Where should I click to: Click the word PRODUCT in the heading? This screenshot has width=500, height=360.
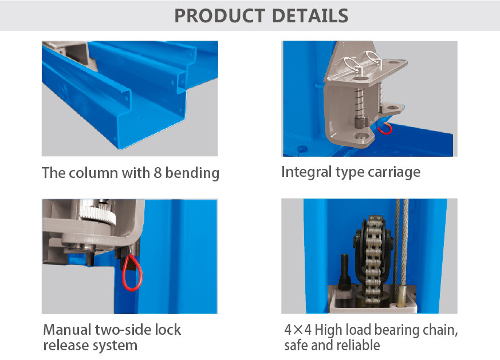click(x=219, y=15)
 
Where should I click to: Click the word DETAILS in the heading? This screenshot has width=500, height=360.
click(x=310, y=15)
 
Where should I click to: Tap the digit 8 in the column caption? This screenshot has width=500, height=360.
click(x=158, y=173)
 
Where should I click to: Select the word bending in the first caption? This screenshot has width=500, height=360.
click(x=192, y=173)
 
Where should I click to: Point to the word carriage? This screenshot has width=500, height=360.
click(x=394, y=173)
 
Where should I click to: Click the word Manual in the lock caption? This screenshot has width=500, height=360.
click(x=67, y=330)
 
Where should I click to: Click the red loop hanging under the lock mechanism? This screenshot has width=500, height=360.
click(x=132, y=272)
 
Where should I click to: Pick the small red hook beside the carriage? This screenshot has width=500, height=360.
click(x=385, y=128)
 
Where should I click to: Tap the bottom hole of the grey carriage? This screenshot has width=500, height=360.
click(x=360, y=137)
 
